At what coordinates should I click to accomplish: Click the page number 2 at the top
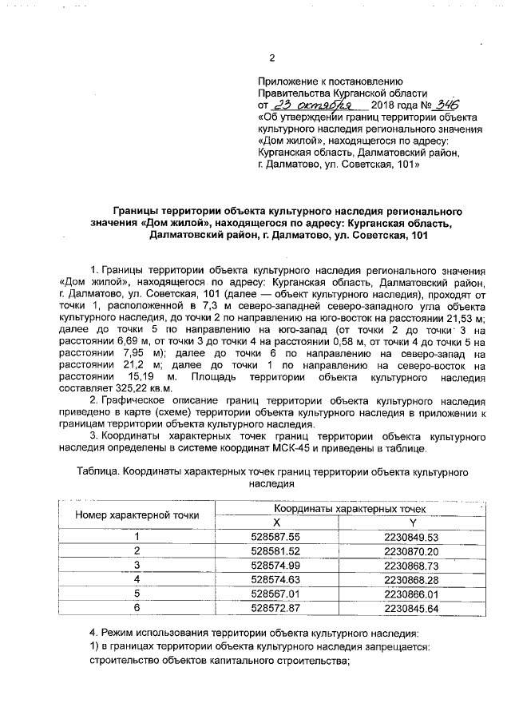click(271, 58)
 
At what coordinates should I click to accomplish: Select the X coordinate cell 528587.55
click(275, 537)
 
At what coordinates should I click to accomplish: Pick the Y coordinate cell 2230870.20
click(411, 551)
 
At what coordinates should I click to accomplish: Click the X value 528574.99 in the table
click(275, 565)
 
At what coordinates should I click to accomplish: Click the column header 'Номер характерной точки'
click(137, 514)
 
